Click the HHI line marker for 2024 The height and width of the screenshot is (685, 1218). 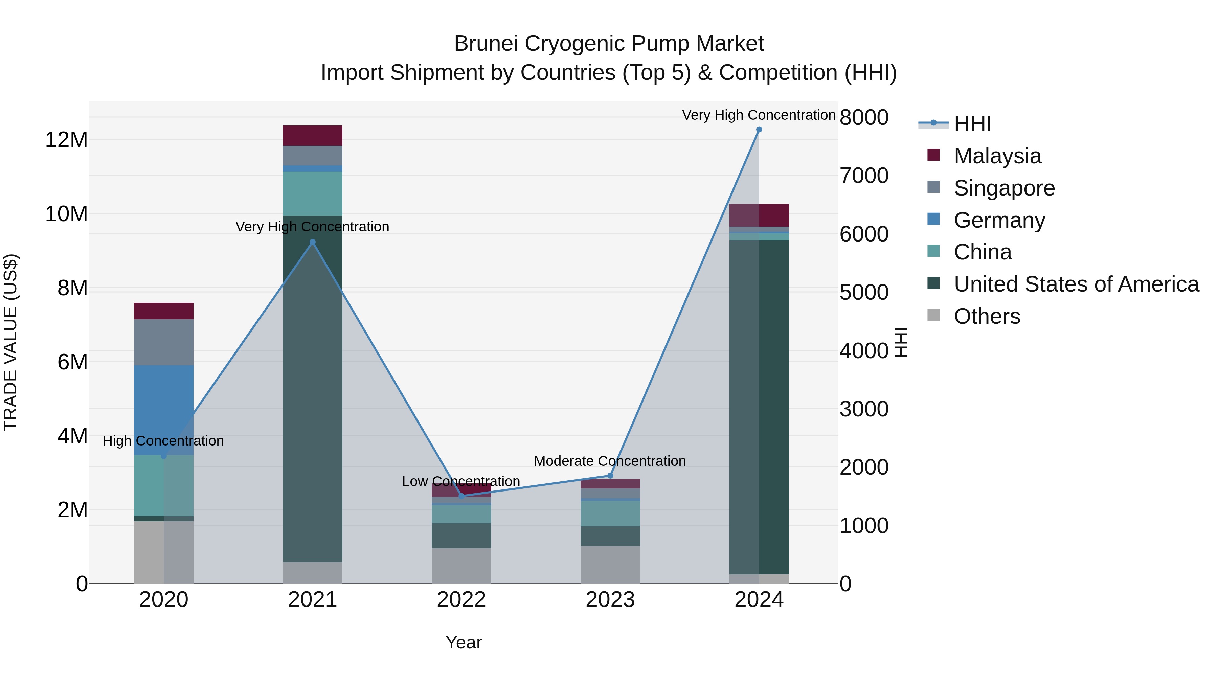[x=759, y=130]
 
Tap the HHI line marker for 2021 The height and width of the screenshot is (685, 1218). [x=313, y=243]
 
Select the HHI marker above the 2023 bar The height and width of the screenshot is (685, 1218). [x=610, y=476]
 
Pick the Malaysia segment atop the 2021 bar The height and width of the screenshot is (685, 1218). [x=313, y=136]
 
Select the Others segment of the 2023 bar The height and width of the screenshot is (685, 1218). [x=610, y=565]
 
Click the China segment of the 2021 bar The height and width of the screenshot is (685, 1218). [x=313, y=193]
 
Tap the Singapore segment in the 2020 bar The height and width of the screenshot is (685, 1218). [x=164, y=342]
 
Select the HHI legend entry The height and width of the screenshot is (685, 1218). [x=972, y=124]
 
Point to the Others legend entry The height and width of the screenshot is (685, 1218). [x=987, y=316]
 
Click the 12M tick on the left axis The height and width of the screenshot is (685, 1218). [x=66, y=140]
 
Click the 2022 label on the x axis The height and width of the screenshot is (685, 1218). [x=461, y=600]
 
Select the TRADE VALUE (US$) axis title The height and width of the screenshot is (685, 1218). [x=10, y=342]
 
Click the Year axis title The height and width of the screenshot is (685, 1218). [x=464, y=642]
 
